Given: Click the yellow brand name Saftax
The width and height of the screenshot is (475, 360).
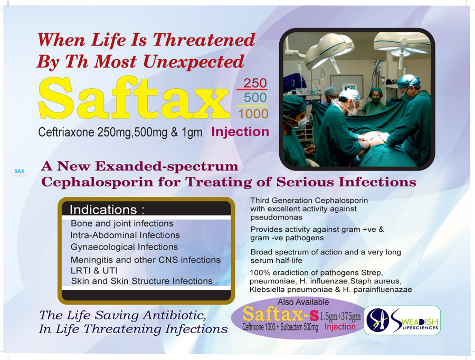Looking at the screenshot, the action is (134, 98).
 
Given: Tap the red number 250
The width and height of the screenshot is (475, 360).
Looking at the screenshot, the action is (255, 83).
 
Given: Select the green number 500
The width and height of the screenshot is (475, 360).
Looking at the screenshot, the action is (255, 98).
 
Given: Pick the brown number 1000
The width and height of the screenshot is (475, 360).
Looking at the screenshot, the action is (253, 114).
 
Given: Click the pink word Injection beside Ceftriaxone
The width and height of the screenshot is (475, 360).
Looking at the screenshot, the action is (240, 131).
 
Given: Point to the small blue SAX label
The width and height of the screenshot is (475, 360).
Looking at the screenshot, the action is (19, 171).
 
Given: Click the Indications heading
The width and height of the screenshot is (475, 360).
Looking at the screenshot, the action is (107, 210).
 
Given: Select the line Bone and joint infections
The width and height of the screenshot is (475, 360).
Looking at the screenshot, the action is (122, 224).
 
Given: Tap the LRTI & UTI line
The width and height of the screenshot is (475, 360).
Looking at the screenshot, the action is (94, 271).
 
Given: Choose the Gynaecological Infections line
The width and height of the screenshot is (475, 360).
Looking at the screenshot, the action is (124, 247).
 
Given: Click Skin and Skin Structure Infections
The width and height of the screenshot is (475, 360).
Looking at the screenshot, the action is (142, 281).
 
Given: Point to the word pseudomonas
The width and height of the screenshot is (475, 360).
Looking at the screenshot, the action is (276, 217).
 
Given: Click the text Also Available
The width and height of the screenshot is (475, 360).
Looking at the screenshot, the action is (303, 302).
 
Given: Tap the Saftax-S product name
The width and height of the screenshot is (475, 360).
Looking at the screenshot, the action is (281, 314).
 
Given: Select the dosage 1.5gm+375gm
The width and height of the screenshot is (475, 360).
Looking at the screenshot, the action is (340, 317).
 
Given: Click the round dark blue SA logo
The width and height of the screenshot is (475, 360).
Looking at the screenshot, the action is (378, 320).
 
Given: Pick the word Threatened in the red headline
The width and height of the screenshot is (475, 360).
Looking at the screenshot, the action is (204, 40).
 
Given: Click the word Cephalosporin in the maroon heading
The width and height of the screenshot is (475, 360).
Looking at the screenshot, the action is (97, 182).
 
